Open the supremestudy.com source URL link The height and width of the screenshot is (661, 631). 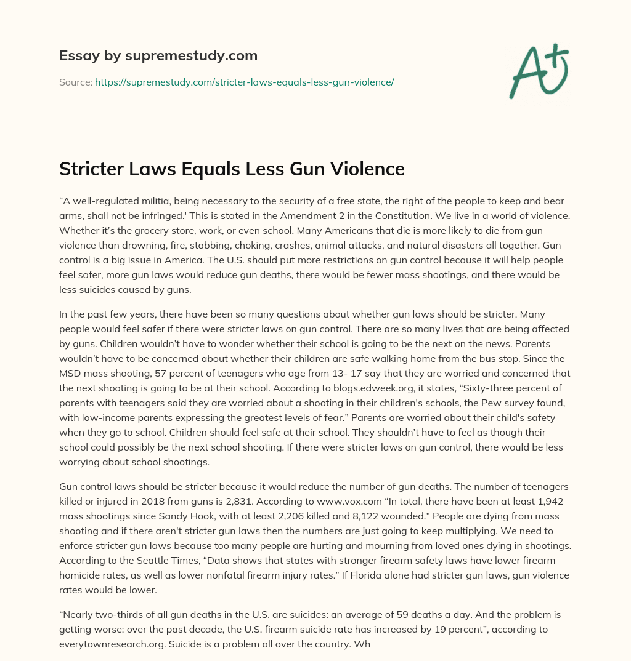tap(244, 82)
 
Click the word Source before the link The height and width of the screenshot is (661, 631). tap(75, 82)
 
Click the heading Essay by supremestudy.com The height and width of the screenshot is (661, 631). tap(158, 56)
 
